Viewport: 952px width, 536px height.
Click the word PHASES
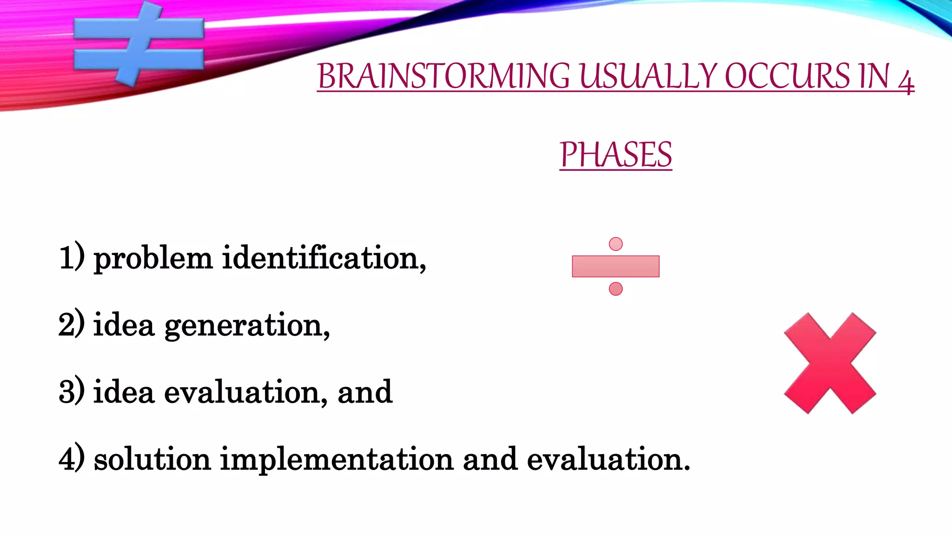(615, 155)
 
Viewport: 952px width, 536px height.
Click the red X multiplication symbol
(830, 363)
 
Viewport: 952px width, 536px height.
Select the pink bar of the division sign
(615, 267)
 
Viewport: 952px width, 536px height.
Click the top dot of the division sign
(615, 244)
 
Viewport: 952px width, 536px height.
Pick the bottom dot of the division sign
(615, 289)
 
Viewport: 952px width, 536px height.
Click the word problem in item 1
(153, 259)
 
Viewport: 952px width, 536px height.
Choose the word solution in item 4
(152, 459)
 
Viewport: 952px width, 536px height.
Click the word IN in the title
(874, 76)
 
